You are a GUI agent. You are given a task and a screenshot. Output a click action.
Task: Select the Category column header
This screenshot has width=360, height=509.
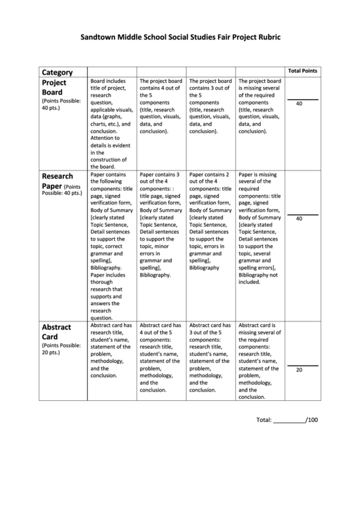tap(57, 71)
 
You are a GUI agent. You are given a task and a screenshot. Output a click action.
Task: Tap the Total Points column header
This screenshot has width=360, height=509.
tap(302, 71)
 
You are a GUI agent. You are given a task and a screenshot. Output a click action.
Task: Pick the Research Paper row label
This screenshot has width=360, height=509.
tap(57, 179)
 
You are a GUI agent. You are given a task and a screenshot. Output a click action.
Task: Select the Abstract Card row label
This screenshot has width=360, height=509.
tap(56, 331)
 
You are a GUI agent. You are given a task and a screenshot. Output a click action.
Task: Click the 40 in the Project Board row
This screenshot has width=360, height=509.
tap(299, 104)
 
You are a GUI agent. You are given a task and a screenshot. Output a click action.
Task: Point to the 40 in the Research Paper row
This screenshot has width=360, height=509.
tap(299, 219)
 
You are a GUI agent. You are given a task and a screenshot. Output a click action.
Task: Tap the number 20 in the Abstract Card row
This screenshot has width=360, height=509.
tap(299, 370)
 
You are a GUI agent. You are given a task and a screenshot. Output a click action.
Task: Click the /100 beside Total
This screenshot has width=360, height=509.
tap(312, 420)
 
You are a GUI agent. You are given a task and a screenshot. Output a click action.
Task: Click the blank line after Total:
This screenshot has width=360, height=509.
tap(289, 421)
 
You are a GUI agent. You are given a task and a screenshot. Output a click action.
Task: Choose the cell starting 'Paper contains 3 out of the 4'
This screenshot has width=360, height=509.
tap(161, 225)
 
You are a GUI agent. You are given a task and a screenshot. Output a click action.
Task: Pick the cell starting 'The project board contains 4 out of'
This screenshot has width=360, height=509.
tap(161, 106)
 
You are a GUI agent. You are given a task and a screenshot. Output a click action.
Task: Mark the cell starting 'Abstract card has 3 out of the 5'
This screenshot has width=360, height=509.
tap(210, 357)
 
